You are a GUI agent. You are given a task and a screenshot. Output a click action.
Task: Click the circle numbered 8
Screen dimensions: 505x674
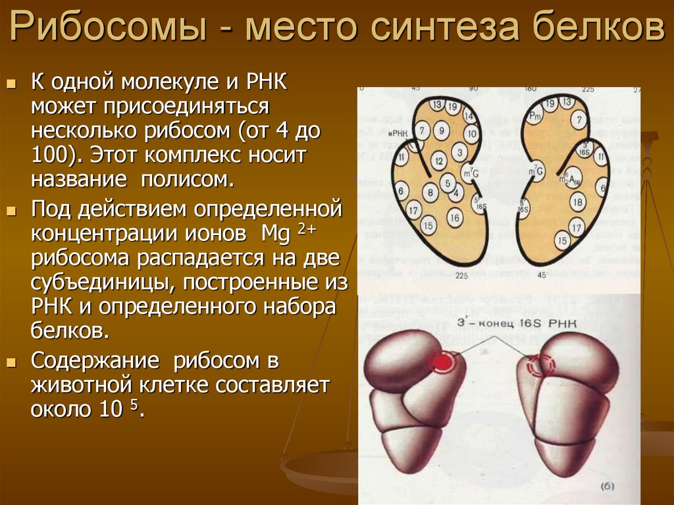click(430, 193)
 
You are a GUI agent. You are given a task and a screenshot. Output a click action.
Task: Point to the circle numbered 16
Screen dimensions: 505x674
click(454, 215)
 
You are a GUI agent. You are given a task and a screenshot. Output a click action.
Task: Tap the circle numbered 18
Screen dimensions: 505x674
click(577, 201)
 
